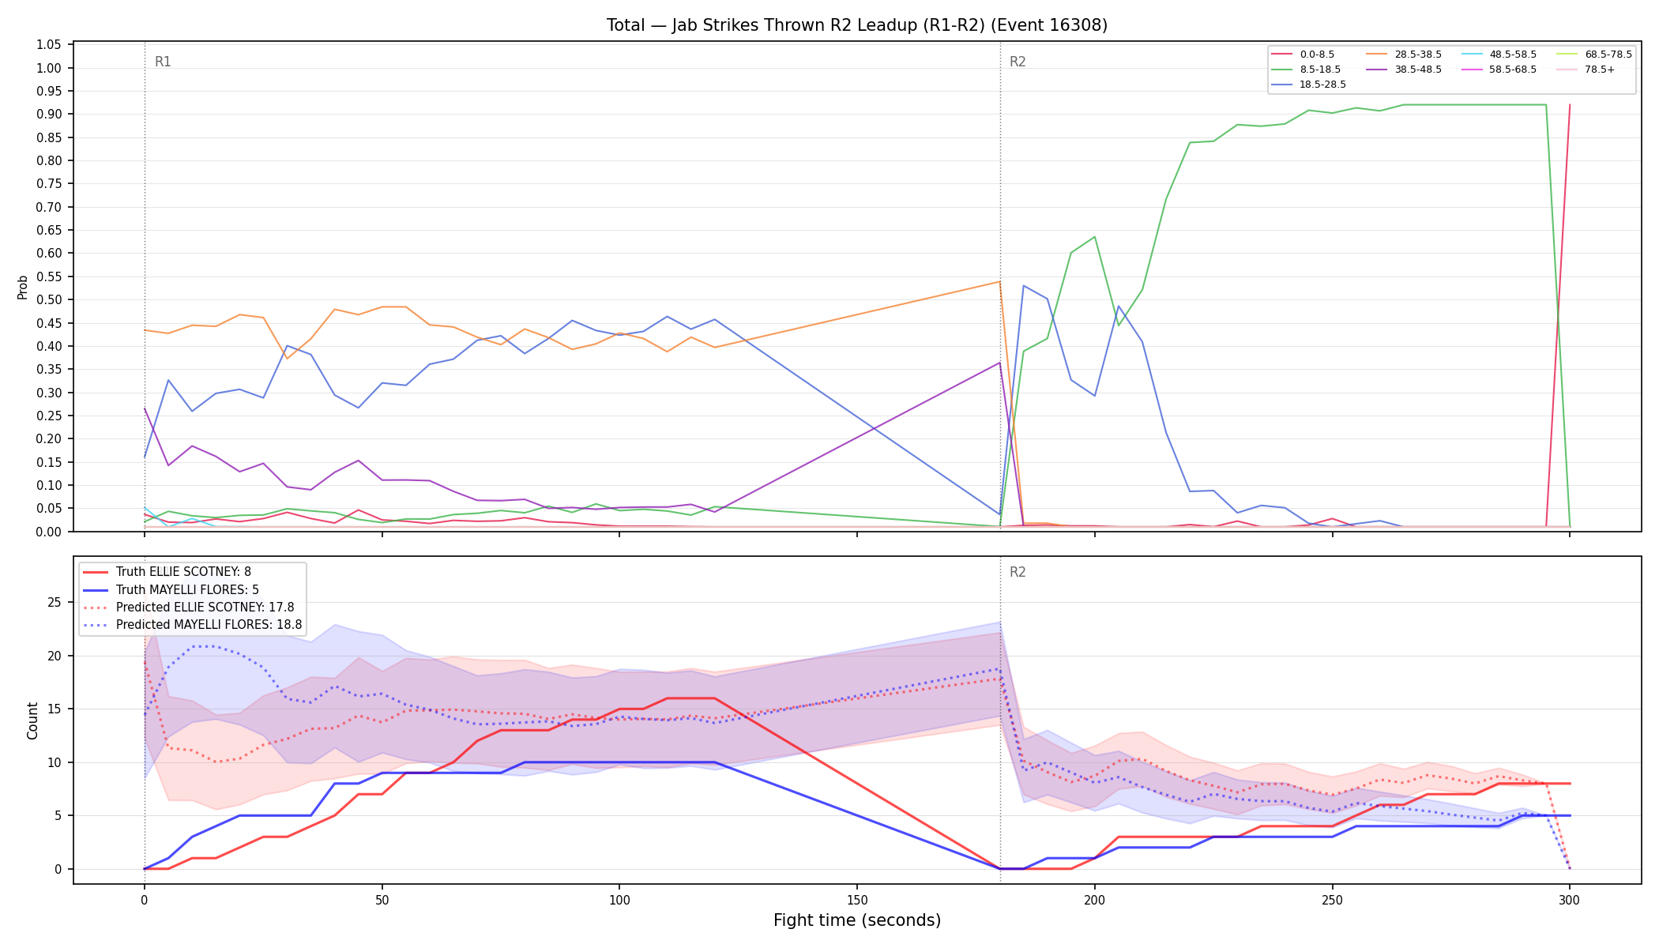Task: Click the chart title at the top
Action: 857,25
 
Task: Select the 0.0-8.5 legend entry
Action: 1303,55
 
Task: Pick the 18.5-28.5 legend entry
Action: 1308,85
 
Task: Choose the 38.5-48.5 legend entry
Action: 1403,70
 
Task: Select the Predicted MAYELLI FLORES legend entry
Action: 193,625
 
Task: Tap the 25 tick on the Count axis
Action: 55,603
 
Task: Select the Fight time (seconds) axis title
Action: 857,920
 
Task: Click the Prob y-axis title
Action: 23,287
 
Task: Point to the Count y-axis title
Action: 32,720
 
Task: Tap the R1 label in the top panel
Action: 163,62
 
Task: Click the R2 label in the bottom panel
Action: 1018,572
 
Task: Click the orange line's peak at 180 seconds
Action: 1000,281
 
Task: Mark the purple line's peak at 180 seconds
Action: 1000,363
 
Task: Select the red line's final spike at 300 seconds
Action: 1570,104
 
